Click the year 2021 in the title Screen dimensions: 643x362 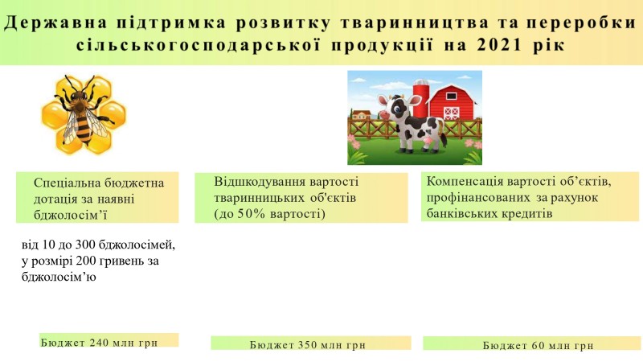501,44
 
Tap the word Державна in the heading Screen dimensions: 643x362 55,23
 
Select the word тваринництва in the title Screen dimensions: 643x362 415,23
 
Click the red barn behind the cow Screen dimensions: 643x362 451,102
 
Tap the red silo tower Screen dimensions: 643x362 420,98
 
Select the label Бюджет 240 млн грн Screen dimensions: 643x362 99,343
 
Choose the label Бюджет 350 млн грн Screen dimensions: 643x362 308,345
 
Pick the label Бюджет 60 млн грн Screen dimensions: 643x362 538,346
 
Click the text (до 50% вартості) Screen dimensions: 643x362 269,214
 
